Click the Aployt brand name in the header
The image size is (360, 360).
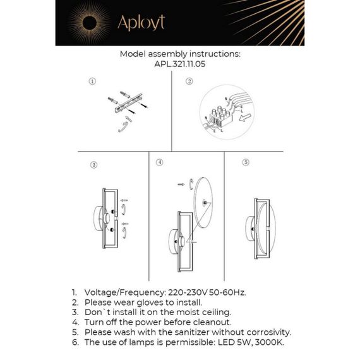[140, 23]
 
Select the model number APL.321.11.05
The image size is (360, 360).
[179, 64]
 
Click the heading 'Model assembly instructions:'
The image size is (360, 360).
[179, 54]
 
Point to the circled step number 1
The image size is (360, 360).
[92, 81]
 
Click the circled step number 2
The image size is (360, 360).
[189, 81]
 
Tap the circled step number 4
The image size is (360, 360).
[160, 162]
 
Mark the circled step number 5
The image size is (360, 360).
[246, 162]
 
